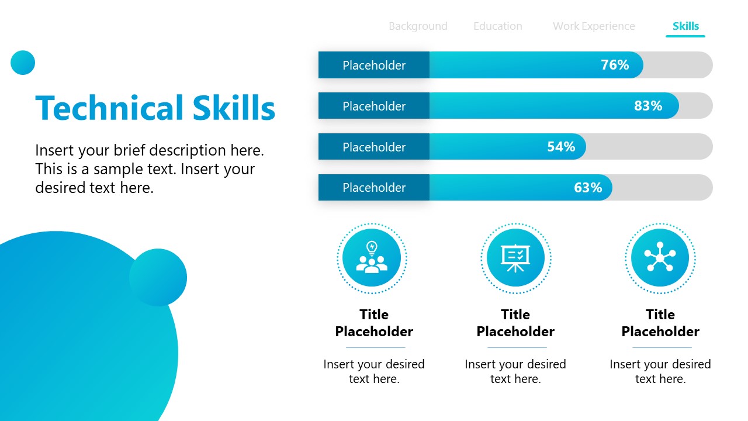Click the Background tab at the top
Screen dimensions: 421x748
click(418, 26)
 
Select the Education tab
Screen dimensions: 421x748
click(498, 26)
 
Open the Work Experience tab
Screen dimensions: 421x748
click(594, 26)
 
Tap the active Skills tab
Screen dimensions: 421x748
click(685, 26)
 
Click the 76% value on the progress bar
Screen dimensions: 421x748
click(615, 65)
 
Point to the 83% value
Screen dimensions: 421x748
click(648, 106)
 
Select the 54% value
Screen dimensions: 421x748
click(561, 147)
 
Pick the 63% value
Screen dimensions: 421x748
click(588, 188)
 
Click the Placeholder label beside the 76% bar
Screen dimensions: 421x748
click(374, 65)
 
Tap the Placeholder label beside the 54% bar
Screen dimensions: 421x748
click(374, 147)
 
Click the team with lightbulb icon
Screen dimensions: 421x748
click(372, 258)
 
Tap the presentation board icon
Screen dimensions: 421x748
click(515, 258)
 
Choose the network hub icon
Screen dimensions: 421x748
click(660, 258)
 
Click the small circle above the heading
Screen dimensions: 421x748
click(23, 63)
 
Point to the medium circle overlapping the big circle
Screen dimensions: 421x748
click(158, 277)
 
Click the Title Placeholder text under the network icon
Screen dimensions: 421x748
click(660, 323)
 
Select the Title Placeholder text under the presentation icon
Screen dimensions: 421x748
click(515, 323)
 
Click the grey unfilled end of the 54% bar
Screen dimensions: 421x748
click(649, 147)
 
